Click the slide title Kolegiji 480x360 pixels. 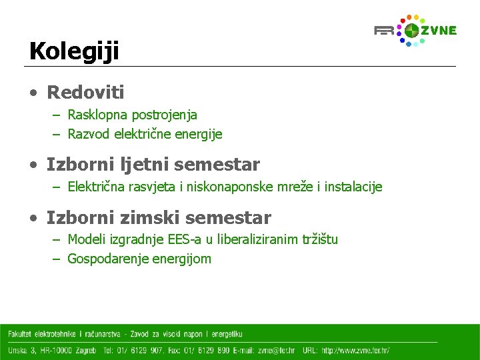coord(73,51)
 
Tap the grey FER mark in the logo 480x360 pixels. coord(384,31)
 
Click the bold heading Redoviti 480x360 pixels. coord(85,92)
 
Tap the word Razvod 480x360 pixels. coord(89,134)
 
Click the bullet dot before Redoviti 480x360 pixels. coord(33,93)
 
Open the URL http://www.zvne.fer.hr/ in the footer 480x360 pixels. coord(355,350)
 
